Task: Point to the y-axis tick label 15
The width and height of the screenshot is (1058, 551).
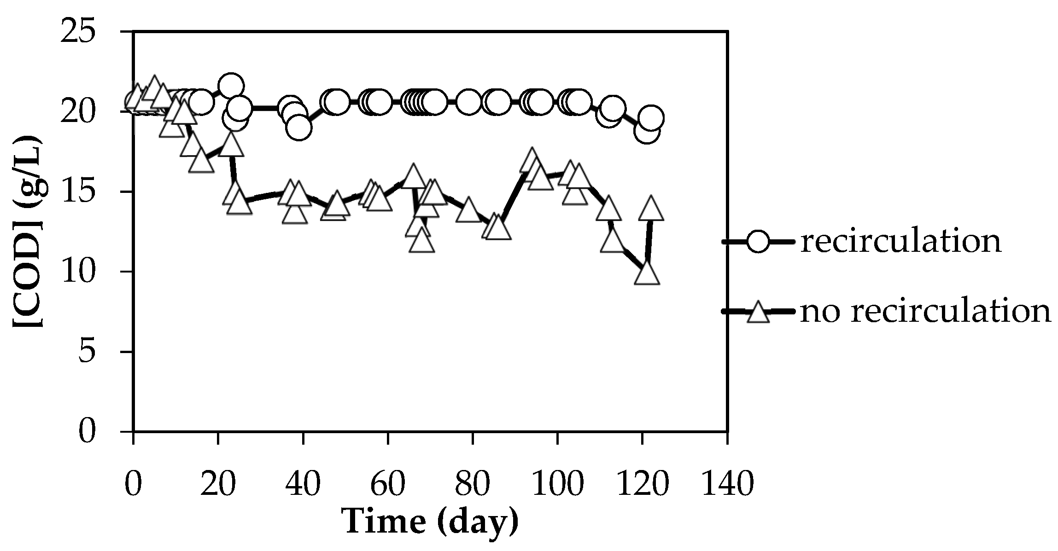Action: point(86,192)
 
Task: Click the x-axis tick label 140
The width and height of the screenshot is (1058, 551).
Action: point(727,484)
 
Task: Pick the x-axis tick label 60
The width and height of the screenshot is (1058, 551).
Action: point(387,484)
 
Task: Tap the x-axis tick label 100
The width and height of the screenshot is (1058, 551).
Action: point(557,484)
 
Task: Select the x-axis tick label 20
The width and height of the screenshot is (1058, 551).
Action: point(218,484)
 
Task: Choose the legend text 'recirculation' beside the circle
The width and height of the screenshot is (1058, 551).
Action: point(900,241)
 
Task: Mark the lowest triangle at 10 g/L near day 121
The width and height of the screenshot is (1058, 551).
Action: point(647,274)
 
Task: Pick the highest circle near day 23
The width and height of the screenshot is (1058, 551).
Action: point(231,86)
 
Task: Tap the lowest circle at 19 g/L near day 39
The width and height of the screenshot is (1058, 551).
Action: point(299,128)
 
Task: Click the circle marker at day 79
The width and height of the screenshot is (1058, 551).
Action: point(468,102)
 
